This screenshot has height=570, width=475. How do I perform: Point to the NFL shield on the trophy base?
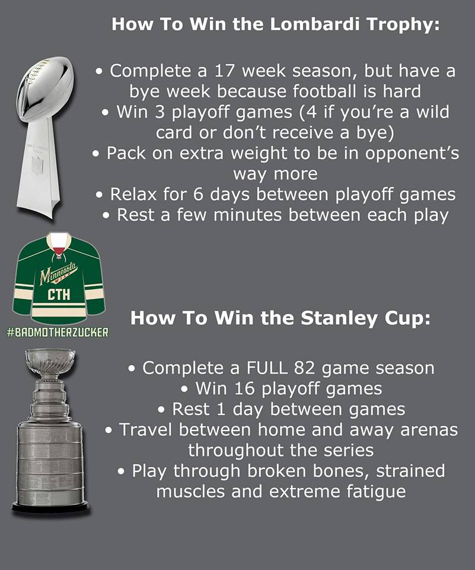(37, 164)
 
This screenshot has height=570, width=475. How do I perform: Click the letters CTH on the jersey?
(59, 294)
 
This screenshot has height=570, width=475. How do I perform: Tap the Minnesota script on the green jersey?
(59, 273)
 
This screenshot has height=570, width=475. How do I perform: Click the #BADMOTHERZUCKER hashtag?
(58, 332)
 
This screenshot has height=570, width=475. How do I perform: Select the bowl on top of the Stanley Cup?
(50, 362)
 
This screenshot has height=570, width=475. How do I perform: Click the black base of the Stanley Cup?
(50, 508)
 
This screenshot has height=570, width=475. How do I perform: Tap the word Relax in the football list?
(134, 195)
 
